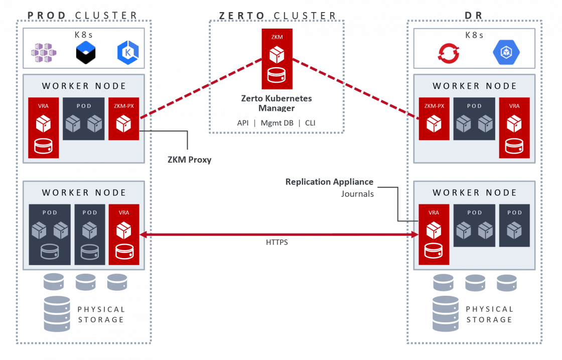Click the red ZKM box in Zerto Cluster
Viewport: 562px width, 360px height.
(276, 59)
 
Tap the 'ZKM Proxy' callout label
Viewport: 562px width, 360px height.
(189, 160)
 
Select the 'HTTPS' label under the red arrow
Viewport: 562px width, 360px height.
(277, 243)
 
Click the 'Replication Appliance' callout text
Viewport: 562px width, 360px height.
(329, 182)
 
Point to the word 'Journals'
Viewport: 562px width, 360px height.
(357, 194)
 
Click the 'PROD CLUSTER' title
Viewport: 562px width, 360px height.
(82, 15)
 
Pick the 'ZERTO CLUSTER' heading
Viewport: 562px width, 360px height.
(277, 16)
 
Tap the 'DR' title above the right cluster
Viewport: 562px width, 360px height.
(474, 15)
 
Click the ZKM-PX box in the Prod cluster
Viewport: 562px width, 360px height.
(123, 118)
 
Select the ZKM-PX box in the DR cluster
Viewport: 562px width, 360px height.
(434, 118)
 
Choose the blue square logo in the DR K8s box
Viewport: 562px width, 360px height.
(506, 52)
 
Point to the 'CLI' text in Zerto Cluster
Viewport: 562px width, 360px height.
(310, 123)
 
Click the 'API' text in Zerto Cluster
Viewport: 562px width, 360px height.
(243, 123)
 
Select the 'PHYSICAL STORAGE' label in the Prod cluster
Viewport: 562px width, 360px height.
(101, 314)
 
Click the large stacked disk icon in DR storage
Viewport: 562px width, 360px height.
(446, 314)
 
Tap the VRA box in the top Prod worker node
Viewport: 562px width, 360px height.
(43, 128)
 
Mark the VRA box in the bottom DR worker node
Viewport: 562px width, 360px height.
(434, 234)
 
